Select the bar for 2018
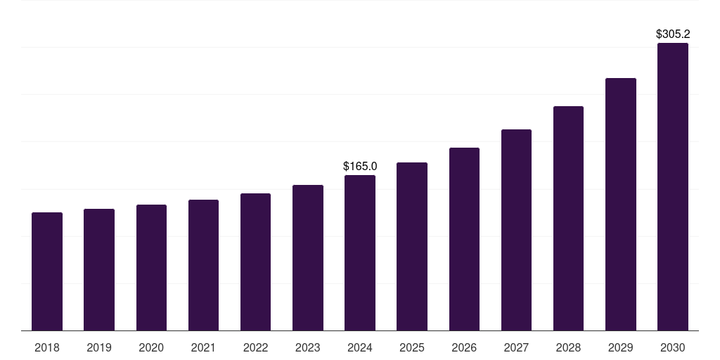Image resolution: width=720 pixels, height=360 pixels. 47,271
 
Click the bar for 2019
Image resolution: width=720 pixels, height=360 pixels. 99,269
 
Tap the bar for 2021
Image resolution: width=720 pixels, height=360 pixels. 203,265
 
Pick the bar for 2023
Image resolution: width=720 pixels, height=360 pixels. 308,257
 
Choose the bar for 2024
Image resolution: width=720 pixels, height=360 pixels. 360,252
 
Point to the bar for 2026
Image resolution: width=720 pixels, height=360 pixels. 464,239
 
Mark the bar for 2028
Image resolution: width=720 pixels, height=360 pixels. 568,218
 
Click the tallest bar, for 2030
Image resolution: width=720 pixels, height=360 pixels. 673,186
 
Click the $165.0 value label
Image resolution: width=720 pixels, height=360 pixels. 360,167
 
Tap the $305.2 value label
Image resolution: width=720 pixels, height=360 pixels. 673,34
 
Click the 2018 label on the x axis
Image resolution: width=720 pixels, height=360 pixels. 47,347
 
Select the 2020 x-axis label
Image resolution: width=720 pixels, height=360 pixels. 151,347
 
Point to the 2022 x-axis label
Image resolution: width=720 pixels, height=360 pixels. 255,347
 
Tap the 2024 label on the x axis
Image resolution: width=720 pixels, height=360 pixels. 360,347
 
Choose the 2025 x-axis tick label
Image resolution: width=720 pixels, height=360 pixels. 412,347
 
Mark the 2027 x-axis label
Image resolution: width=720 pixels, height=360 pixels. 516,347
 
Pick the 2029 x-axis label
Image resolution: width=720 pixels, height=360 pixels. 620,347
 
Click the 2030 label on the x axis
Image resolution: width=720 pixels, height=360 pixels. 673,347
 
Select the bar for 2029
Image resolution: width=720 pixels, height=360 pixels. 620,204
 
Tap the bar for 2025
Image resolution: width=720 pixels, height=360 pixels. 412,246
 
